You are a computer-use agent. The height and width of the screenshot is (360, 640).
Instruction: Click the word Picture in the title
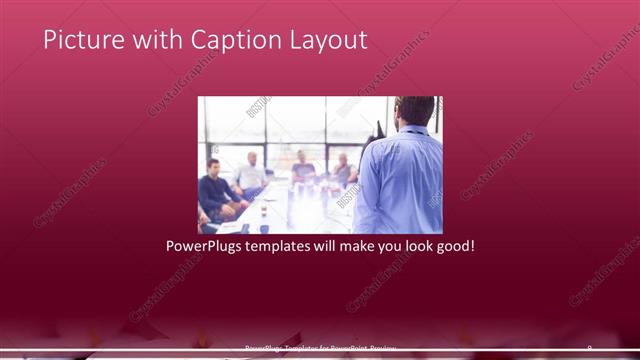pos(80,40)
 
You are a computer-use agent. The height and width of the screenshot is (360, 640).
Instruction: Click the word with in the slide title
pos(150,40)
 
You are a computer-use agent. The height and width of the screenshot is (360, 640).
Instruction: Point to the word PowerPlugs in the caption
pos(202,245)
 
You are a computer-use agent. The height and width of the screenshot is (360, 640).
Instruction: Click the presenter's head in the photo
pos(413,110)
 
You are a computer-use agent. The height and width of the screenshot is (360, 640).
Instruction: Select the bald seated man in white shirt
pos(251,174)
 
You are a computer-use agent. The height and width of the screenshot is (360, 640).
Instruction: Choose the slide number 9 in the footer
pos(589,348)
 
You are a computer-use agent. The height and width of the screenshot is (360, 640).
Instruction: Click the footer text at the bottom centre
pos(320,349)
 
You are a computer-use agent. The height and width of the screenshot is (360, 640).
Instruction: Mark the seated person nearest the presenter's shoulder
pos(344,170)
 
